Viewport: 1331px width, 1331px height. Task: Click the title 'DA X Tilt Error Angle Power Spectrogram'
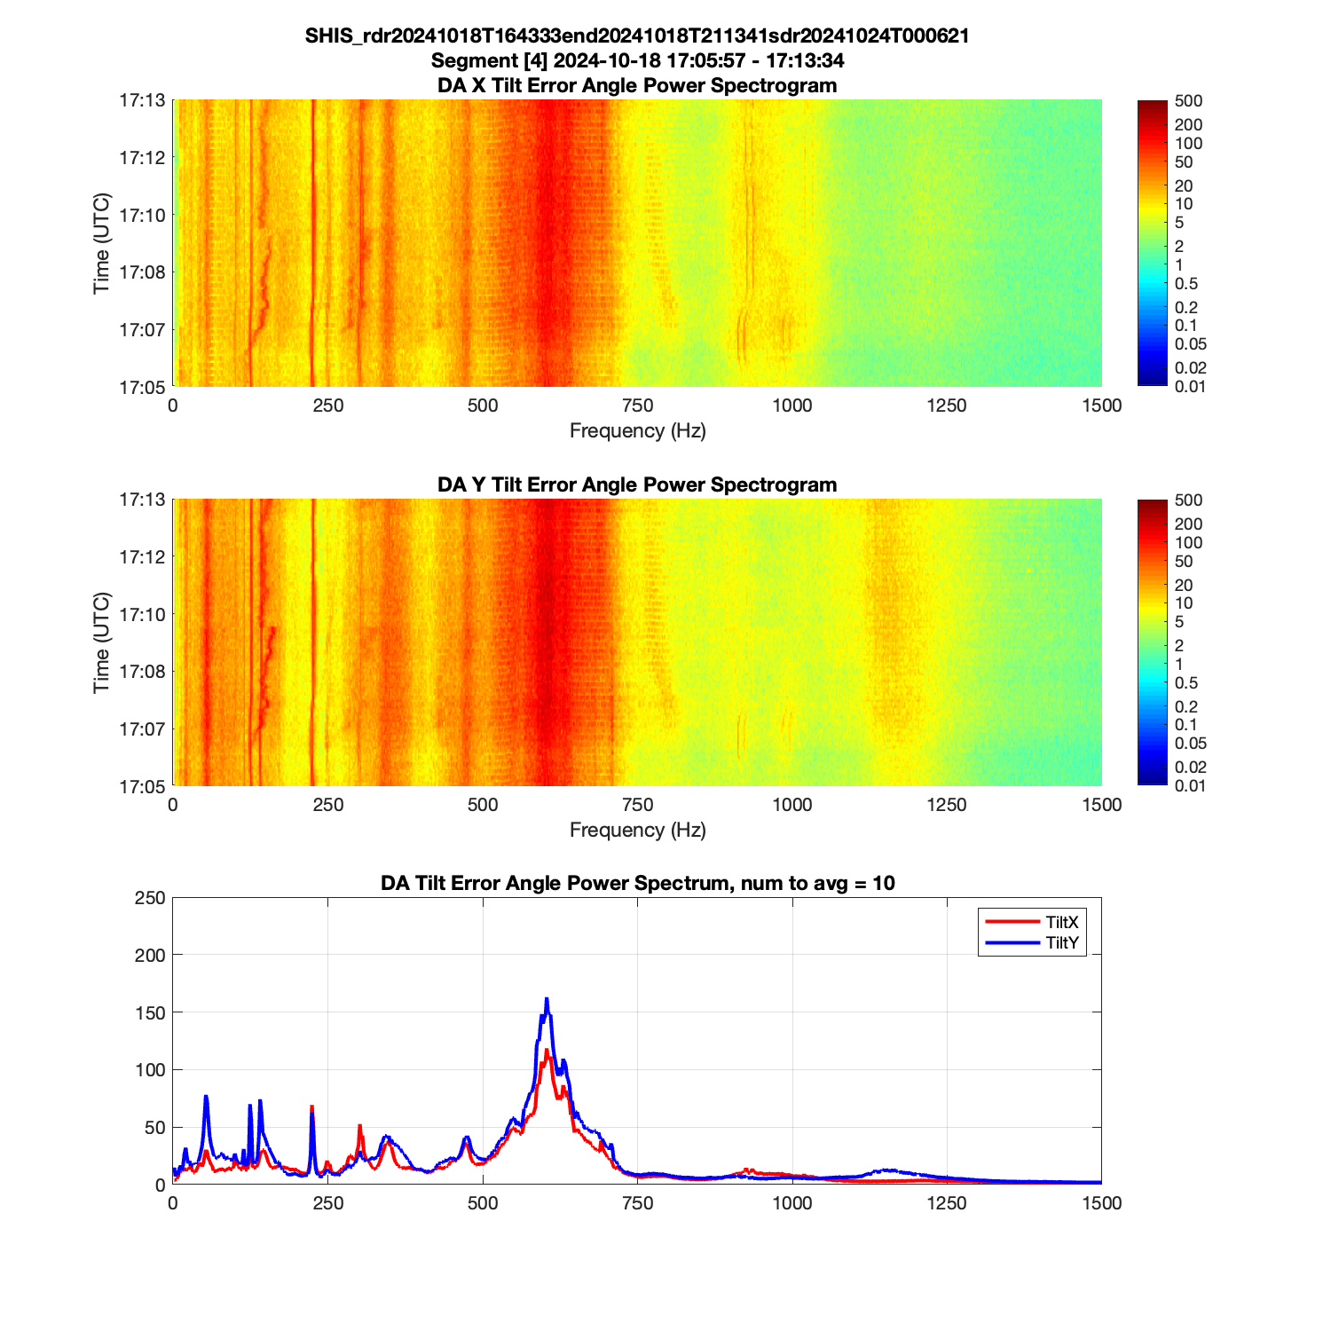pos(637,85)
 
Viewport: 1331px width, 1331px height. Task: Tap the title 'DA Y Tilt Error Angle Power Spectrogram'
pos(637,484)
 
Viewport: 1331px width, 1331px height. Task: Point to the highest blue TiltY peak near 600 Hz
pos(547,999)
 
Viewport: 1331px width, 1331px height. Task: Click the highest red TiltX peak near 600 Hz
pos(547,1051)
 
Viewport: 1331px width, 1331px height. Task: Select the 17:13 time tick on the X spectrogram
pos(142,100)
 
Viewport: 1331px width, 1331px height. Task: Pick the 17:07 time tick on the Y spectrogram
pos(142,729)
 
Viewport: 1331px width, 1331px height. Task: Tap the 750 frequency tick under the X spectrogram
pos(637,406)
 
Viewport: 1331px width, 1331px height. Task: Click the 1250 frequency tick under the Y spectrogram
pos(947,805)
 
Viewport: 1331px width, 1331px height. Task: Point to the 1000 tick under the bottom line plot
pos(792,1203)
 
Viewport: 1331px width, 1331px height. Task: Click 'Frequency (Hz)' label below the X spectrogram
pos(637,431)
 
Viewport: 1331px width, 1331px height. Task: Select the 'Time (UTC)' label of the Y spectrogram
pos(101,642)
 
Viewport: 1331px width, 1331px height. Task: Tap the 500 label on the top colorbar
pos(1188,101)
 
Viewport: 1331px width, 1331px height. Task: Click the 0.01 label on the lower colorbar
pos(1190,785)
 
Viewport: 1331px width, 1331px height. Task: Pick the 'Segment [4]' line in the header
pos(637,60)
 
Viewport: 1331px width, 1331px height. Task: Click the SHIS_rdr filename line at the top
pos(637,35)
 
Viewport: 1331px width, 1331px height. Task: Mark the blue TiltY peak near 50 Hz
pos(206,1097)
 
